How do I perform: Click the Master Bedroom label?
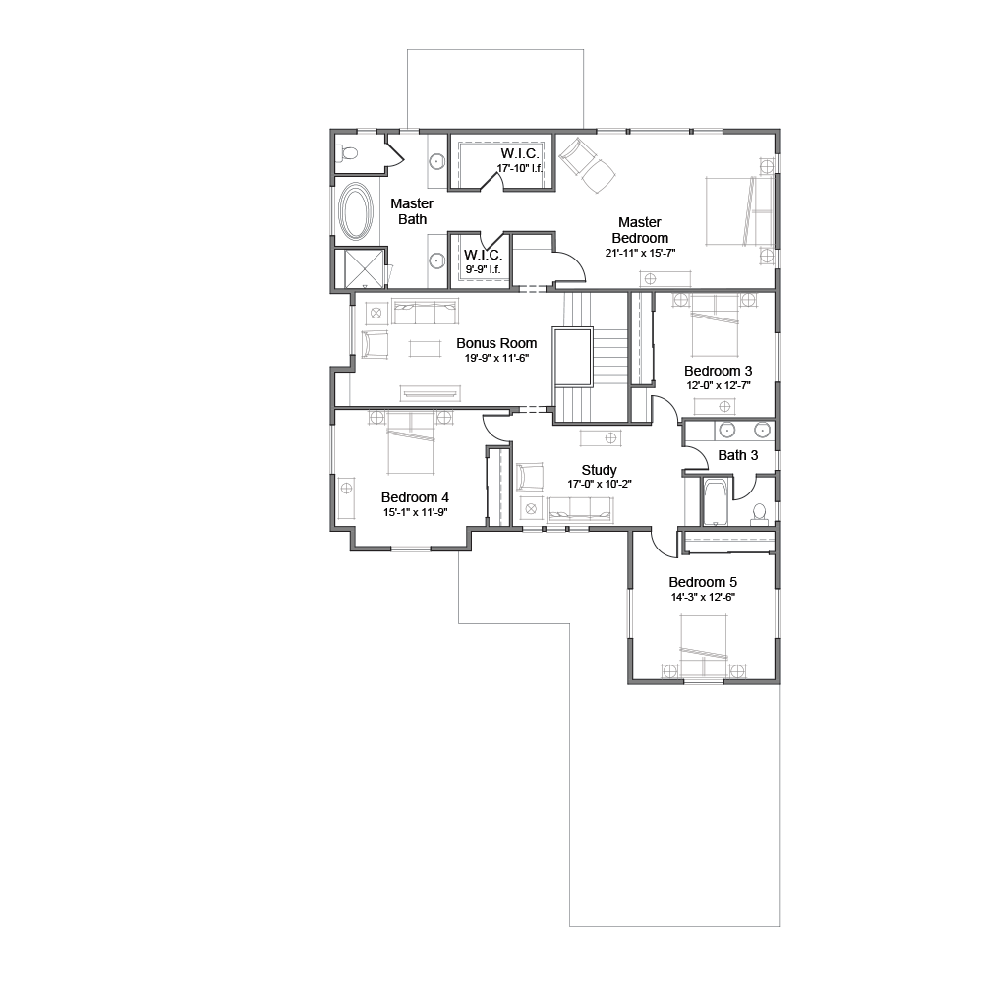coord(640,230)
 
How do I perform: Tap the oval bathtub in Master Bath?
coord(356,212)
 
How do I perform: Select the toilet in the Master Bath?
coord(347,152)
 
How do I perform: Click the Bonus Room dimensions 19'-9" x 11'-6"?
coord(496,359)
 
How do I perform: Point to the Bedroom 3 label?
coord(719,371)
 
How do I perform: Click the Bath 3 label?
coord(738,455)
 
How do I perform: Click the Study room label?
coord(600,470)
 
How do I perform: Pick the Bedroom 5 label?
coord(703,582)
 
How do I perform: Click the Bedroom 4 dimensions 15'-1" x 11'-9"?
coord(416,512)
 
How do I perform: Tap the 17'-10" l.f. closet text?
coord(520,168)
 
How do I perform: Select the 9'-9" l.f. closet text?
coord(484,269)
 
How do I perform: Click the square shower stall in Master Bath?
coord(360,269)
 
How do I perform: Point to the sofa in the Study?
coord(581,509)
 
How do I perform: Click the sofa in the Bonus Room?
coord(425,312)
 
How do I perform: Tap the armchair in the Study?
coord(530,476)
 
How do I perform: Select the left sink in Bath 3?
coord(727,431)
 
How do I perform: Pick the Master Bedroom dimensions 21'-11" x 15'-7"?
coord(640,254)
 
